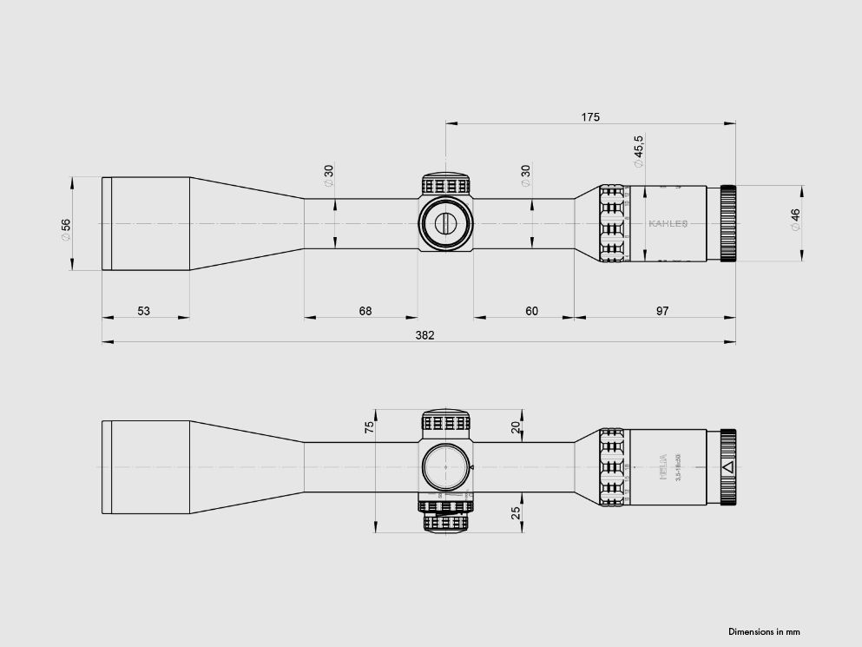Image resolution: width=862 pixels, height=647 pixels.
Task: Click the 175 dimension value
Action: [590, 116]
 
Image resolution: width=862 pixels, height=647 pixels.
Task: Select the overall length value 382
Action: [424, 335]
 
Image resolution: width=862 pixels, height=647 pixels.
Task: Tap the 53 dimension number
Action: [144, 311]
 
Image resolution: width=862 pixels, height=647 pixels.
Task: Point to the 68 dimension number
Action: [365, 311]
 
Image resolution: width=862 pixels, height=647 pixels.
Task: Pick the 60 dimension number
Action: [531, 311]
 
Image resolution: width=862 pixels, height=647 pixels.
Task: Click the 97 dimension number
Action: [662, 311]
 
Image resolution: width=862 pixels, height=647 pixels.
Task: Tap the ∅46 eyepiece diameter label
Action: [794, 219]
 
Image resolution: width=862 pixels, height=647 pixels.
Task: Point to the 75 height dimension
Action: [369, 426]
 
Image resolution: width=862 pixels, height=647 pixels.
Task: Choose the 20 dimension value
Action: [516, 426]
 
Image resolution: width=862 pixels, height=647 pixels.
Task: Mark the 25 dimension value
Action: [516, 513]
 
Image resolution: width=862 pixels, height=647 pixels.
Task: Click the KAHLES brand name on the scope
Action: [668, 223]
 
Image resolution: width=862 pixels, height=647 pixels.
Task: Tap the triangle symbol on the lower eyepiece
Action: [727, 467]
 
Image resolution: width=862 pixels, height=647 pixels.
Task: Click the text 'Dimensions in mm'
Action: [764, 631]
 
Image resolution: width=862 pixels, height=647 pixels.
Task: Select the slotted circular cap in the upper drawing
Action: [445, 223]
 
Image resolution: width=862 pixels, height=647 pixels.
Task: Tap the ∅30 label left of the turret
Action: [329, 175]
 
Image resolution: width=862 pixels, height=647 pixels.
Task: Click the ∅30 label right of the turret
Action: [525, 175]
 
